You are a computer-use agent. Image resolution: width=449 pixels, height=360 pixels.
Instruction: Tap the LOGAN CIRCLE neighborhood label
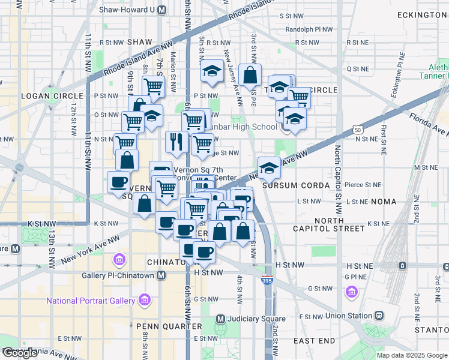pyautogui.click(x=52, y=96)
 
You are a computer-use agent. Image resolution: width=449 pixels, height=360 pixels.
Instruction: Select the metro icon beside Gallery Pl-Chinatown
pyautogui.click(x=161, y=275)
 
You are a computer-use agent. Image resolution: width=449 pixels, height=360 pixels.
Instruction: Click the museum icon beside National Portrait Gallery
pyautogui.click(x=144, y=299)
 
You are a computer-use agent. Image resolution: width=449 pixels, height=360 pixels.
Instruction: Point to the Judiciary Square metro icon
pyautogui.click(x=220, y=319)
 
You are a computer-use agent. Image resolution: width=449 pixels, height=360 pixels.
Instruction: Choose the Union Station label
pyautogui.click(x=349, y=316)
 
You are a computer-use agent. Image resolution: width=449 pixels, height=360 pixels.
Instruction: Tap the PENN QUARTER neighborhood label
pyautogui.click(x=169, y=326)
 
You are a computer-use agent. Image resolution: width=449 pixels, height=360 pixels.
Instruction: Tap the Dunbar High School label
pyautogui.click(x=243, y=127)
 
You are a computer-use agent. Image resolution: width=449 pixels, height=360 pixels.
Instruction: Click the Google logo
pyautogui.click(x=20, y=353)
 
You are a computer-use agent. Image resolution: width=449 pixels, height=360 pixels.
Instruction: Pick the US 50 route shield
pyautogui.click(x=357, y=129)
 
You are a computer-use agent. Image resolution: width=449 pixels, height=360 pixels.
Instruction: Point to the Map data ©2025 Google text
pyautogui.click(x=411, y=355)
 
